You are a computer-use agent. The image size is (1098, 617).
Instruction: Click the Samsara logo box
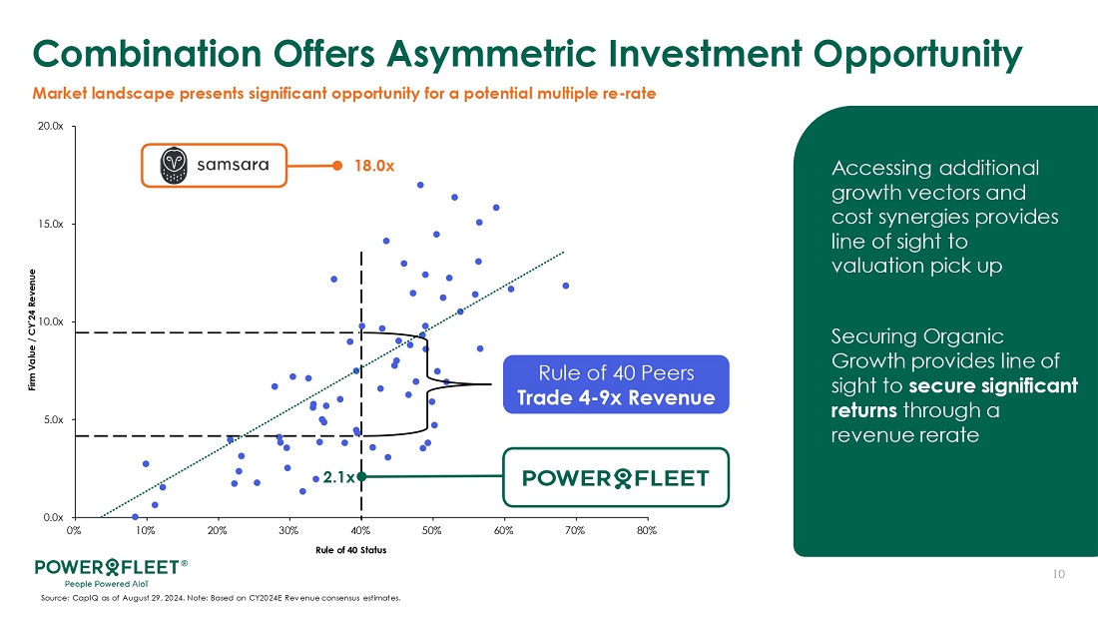click(x=214, y=166)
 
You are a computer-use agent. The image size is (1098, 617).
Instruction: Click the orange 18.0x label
click(x=374, y=167)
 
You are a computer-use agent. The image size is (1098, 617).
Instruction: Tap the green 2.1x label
click(x=336, y=477)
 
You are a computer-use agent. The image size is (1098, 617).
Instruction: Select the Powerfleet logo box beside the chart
click(x=616, y=477)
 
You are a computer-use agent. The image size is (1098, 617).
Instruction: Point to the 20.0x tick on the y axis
click(x=52, y=127)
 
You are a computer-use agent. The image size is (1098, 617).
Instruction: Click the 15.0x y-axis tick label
click(x=52, y=225)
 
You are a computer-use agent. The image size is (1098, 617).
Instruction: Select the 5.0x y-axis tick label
click(x=54, y=420)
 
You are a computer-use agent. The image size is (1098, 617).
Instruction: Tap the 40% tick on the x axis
click(x=360, y=530)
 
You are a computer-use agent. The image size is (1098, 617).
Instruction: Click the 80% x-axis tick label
click(x=647, y=530)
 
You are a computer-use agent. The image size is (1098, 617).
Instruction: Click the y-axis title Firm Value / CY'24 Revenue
click(x=33, y=321)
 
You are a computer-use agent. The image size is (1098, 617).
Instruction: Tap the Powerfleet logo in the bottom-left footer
click(x=110, y=570)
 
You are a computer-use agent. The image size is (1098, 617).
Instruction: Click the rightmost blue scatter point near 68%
click(x=566, y=286)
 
